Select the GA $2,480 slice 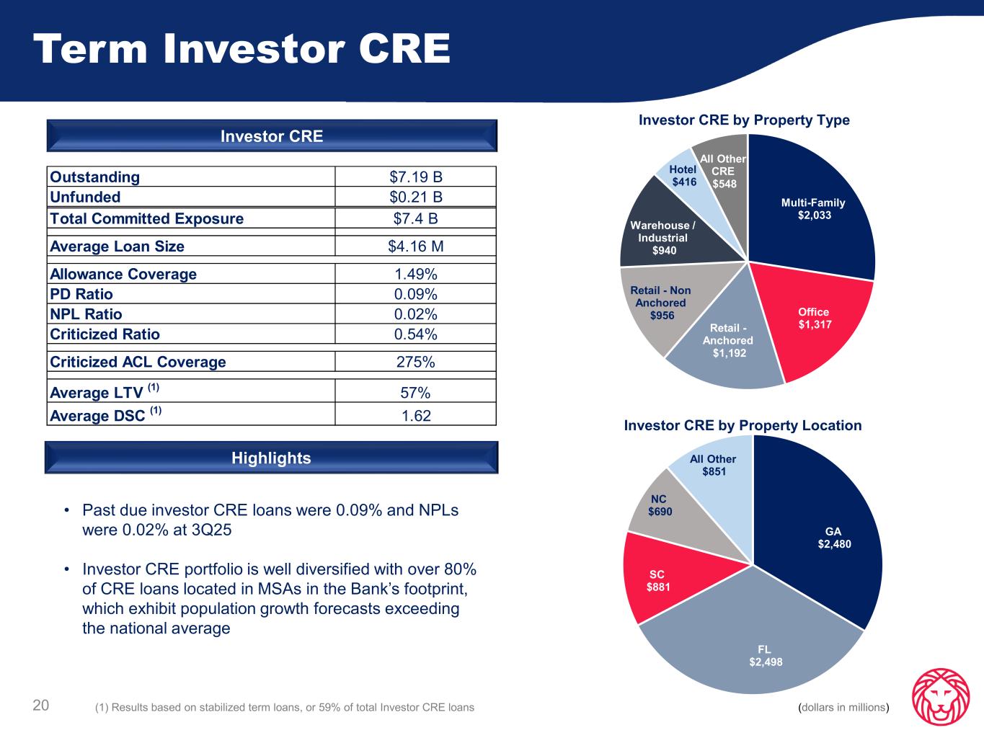pyautogui.click(x=833, y=538)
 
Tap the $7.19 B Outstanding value pyautogui.click(x=415, y=177)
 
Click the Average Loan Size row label pyautogui.click(x=118, y=246)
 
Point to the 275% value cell pyautogui.click(x=415, y=363)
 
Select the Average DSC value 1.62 pyautogui.click(x=415, y=415)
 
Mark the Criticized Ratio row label pyautogui.click(x=105, y=334)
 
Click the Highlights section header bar pyautogui.click(x=271, y=458)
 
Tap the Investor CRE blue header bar pyautogui.click(x=271, y=136)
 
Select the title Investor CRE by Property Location pyautogui.click(x=743, y=426)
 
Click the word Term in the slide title pyautogui.click(x=91, y=49)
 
